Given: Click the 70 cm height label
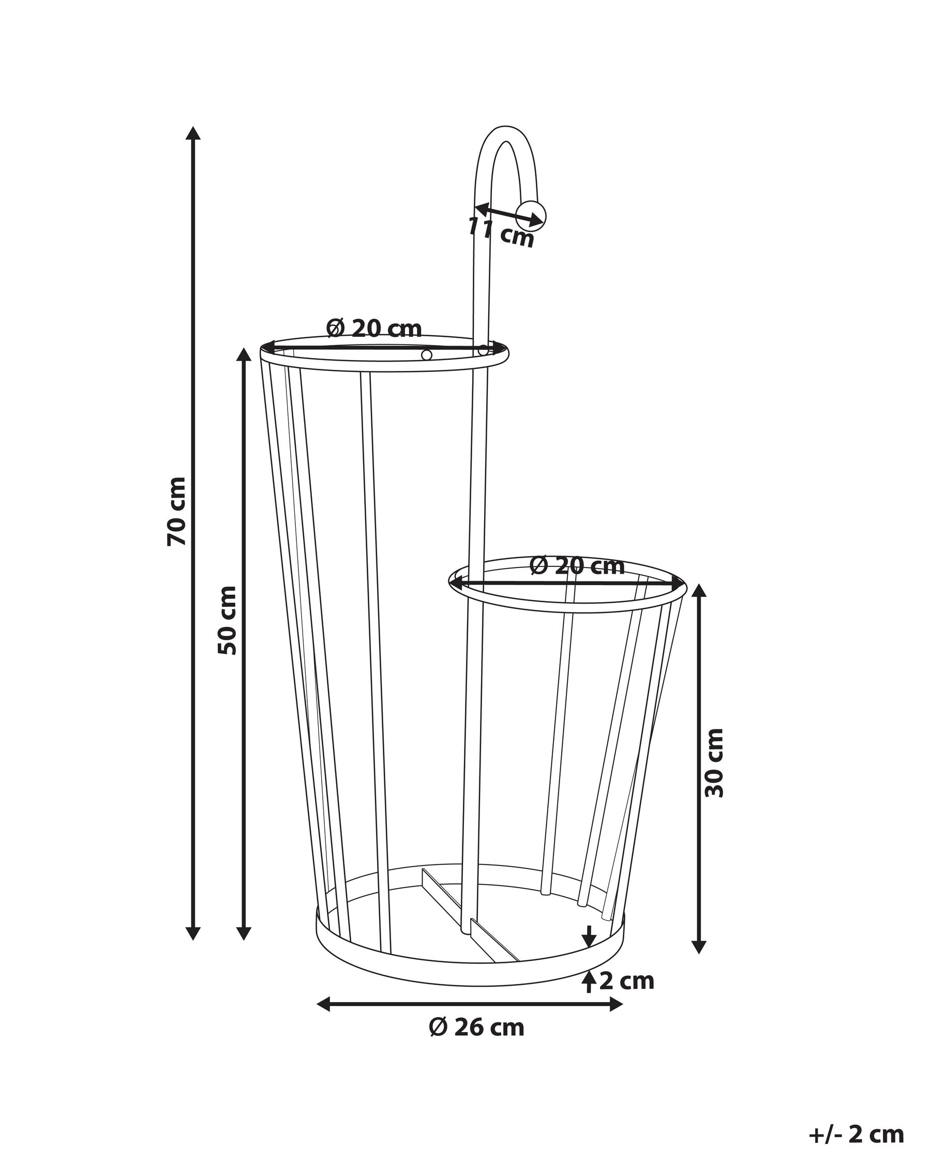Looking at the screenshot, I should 176,511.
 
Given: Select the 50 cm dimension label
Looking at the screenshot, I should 227,620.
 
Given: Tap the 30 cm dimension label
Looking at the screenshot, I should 714,763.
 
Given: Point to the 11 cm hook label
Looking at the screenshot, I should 500,232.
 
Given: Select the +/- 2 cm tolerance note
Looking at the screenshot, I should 856,1130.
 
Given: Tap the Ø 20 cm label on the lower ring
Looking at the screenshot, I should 576,565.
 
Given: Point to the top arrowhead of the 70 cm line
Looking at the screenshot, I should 193,133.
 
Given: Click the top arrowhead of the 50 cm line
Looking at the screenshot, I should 244,355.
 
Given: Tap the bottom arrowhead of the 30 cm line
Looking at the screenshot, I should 699,946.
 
